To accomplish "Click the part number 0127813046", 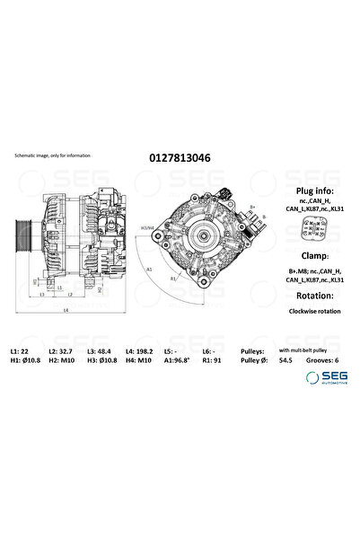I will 180,155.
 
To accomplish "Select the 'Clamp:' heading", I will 313,254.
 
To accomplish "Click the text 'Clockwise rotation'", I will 313,310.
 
